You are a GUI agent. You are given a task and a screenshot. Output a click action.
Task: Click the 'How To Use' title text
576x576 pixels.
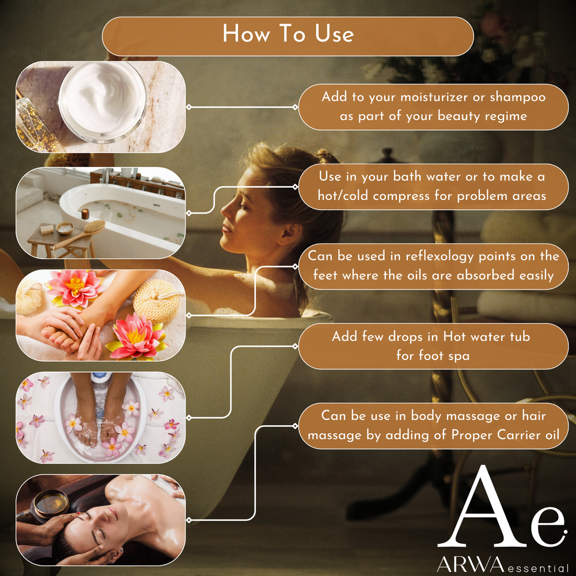click(288, 33)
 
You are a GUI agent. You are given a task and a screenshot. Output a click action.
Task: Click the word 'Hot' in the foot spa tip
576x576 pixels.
click(455, 336)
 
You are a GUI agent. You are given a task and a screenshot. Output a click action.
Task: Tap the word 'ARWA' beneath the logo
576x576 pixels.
click(471, 564)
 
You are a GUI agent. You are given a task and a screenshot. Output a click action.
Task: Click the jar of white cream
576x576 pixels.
click(103, 102)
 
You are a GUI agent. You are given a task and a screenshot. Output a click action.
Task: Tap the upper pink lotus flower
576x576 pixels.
click(75, 288)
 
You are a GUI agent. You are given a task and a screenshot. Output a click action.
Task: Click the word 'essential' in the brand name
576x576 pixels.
click(538, 568)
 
